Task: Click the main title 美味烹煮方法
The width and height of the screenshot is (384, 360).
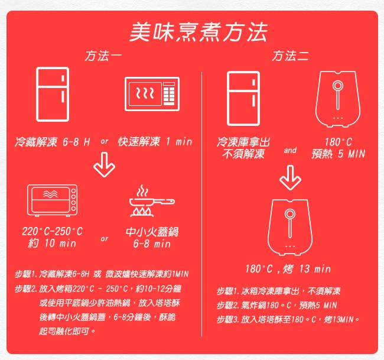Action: pos(198,33)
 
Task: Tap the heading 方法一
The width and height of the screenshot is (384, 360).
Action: pos(103,56)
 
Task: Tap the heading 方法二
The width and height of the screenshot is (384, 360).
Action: pos(290,56)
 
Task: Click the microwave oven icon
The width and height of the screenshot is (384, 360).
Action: pos(152,94)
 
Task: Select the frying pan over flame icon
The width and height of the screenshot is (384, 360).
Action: pos(152,201)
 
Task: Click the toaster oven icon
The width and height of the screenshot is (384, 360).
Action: pos(53,200)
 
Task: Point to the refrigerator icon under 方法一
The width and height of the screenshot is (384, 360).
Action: pos(53,95)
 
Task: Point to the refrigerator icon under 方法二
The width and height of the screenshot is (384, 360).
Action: pos(243,99)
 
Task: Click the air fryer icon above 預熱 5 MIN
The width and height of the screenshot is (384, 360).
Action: pos(338,99)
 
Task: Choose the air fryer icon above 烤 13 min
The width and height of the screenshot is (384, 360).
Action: pos(290,228)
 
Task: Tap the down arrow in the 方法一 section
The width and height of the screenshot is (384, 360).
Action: pos(105,165)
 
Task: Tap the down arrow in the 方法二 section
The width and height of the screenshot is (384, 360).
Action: pos(290,178)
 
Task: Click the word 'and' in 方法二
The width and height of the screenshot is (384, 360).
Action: pos(290,150)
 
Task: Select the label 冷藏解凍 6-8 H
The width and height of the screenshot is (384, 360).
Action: pos(53,142)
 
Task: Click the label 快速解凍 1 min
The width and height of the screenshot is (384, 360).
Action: pos(155,142)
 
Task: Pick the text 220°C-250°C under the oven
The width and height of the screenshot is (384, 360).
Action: pos(53,231)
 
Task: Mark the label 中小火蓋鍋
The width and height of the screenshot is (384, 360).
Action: pos(152,232)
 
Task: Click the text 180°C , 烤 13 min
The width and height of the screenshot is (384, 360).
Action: pos(288,269)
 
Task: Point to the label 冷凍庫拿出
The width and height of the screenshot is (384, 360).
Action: pos(243,142)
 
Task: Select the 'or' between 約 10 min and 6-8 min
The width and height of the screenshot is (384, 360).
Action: pos(105,238)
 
